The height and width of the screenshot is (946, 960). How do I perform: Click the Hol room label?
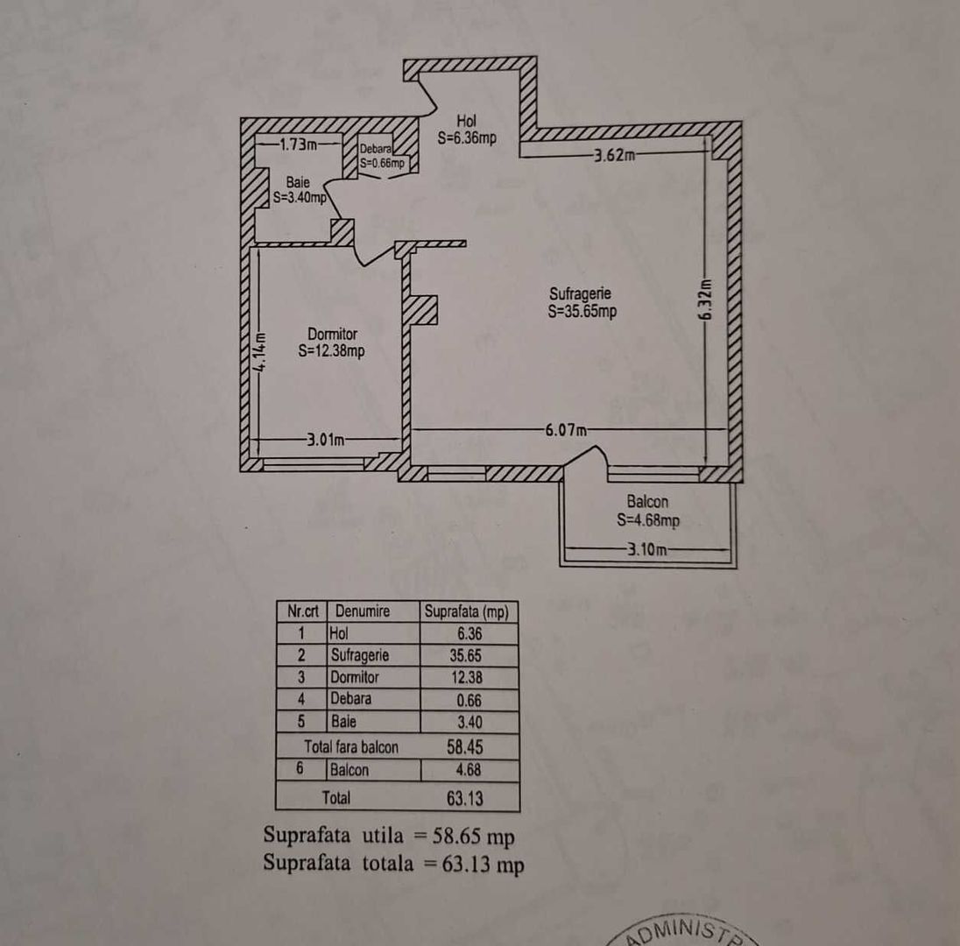[467, 120]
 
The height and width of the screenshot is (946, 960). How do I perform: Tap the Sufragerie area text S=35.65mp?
[582, 311]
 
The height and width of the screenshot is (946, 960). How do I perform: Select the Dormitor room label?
[332, 334]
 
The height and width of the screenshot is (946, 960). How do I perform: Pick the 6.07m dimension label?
[566, 429]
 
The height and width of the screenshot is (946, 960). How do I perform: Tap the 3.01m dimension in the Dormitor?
[325, 439]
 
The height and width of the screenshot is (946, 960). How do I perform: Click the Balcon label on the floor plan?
[647, 502]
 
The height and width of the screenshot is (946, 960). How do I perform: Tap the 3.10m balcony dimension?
[647, 550]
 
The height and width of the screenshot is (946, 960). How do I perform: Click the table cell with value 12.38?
[469, 677]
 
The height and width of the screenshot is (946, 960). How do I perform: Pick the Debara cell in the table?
[351, 699]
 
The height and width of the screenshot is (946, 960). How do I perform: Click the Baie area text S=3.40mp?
[300, 198]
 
